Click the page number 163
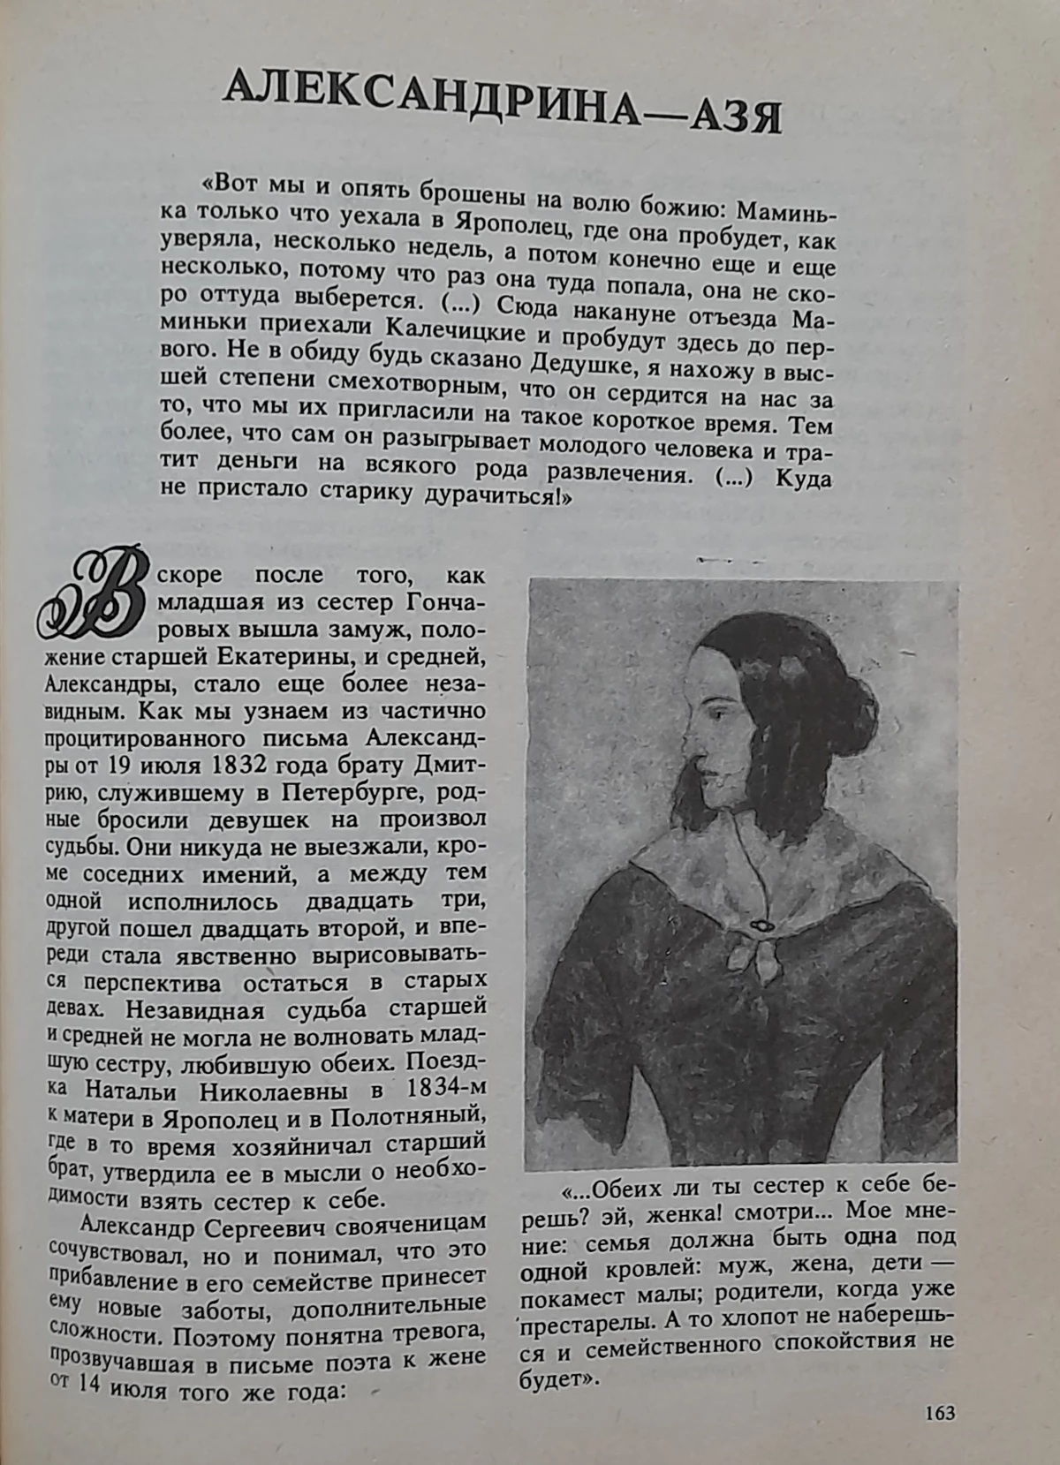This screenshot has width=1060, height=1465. point(939,1414)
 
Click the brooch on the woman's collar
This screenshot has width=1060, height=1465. point(757,925)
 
